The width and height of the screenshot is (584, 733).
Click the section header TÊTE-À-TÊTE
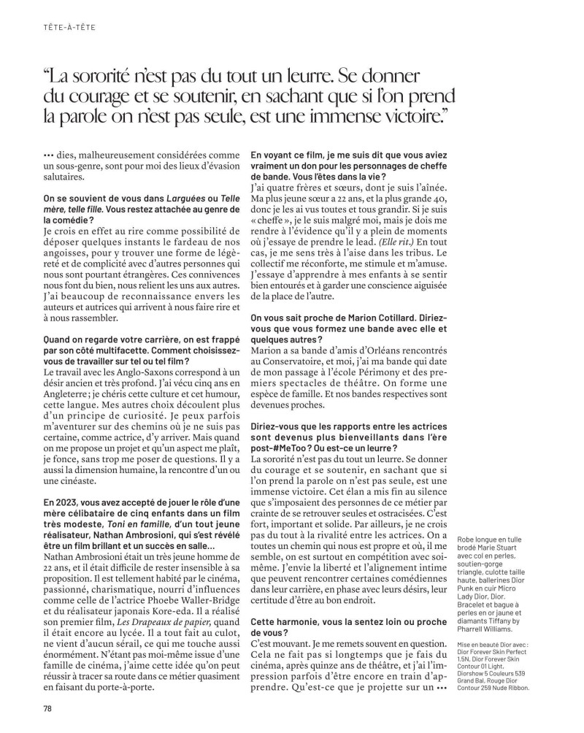(69, 28)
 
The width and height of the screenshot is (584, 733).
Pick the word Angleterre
(69, 399)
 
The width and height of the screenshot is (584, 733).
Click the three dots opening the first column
(49, 155)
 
